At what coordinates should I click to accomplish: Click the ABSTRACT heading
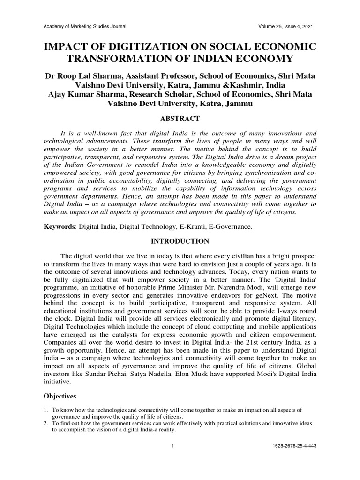pos(180,119)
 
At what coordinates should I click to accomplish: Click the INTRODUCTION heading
pos(180,241)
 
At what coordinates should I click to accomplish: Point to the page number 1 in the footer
pos(173,446)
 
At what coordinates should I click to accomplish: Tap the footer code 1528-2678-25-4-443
pos(294,446)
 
